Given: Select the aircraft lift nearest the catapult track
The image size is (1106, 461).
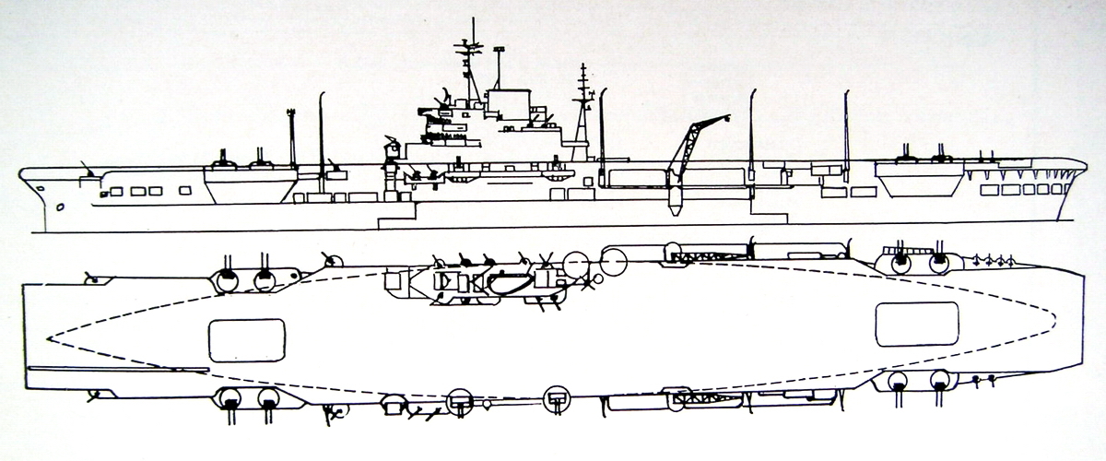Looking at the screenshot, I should [247, 339].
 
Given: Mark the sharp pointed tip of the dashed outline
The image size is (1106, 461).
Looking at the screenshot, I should [48, 338].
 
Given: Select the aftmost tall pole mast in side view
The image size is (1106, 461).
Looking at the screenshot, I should [846, 129].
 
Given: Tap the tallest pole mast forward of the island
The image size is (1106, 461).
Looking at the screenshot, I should [321, 129].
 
